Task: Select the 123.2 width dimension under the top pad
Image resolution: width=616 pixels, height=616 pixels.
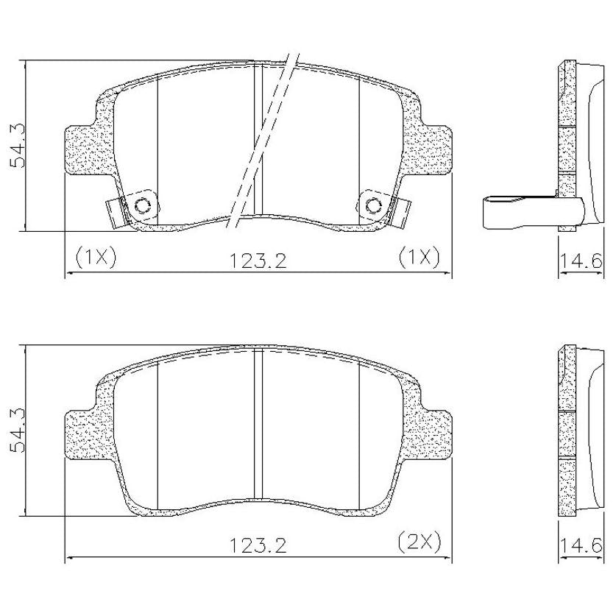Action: tap(258, 261)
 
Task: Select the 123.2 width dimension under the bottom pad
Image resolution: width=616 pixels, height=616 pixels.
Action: tap(258, 545)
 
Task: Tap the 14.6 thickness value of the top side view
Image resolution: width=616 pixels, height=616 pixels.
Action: tap(581, 261)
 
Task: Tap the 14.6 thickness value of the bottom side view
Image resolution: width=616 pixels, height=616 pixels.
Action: tap(581, 545)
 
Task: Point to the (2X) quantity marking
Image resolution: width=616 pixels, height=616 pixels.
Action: tap(419, 542)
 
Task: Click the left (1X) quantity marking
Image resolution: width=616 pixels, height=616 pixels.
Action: tap(96, 258)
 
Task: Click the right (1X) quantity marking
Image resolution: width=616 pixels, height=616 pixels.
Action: tap(419, 258)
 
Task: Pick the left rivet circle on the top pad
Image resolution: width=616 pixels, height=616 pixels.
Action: tap(142, 205)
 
